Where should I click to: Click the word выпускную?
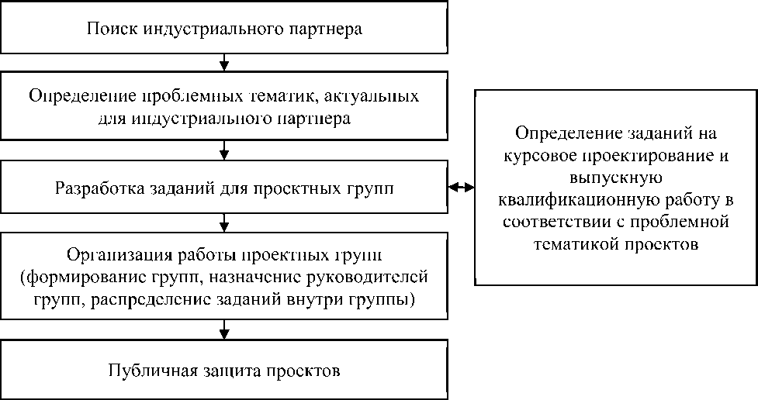[618, 178]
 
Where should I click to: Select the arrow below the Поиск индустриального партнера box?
[224, 60]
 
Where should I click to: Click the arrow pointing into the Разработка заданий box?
[224, 149]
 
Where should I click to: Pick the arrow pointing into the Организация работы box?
[224, 225]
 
